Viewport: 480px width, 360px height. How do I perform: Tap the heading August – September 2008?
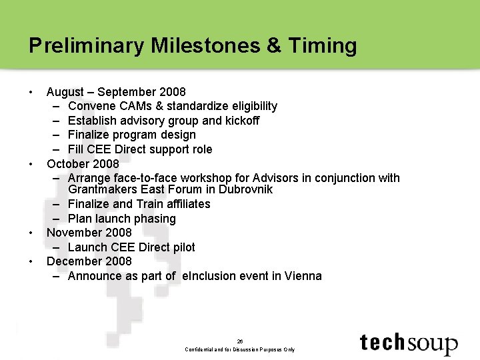click(x=116, y=92)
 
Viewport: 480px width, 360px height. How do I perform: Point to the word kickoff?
click(x=241, y=121)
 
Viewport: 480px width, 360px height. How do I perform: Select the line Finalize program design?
click(x=132, y=135)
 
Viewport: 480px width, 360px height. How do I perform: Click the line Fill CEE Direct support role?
click(x=140, y=149)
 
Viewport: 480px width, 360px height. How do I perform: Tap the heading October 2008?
click(x=83, y=164)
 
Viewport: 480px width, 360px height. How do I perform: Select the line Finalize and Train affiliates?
click(x=139, y=204)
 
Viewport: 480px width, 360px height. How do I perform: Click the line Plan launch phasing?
click(x=121, y=219)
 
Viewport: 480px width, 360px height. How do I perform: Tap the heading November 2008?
click(x=89, y=233)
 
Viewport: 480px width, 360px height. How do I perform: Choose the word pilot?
click(x=182, y=247)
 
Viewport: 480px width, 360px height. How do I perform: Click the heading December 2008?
click(x=89, y=261)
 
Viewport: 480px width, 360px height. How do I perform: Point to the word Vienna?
click(x=303, y=276)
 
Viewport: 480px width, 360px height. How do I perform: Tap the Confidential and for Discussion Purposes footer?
click(x=240, y=349)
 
